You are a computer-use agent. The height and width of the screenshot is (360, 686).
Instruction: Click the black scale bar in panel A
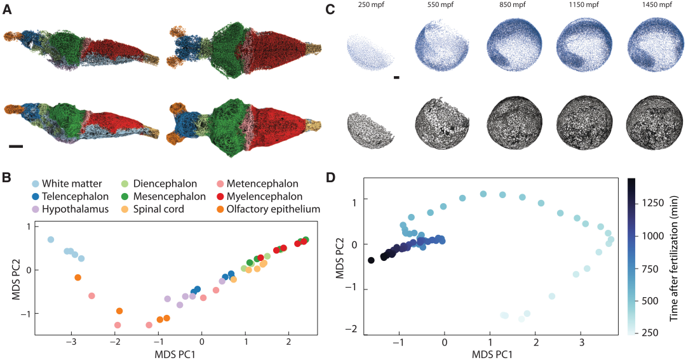click(17, 146)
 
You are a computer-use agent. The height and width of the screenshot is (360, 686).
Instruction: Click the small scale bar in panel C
click(396, 77)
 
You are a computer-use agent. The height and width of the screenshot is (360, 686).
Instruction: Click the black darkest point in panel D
click(371, 260)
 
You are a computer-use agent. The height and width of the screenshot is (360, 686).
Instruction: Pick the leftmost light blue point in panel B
click(51, 239)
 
